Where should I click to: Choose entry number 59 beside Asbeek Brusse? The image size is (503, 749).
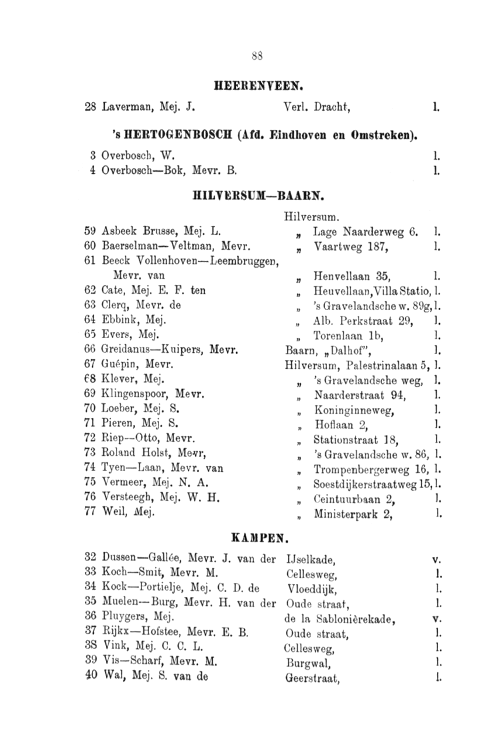coord(90,229)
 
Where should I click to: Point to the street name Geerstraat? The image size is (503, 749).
coord(311,679)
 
